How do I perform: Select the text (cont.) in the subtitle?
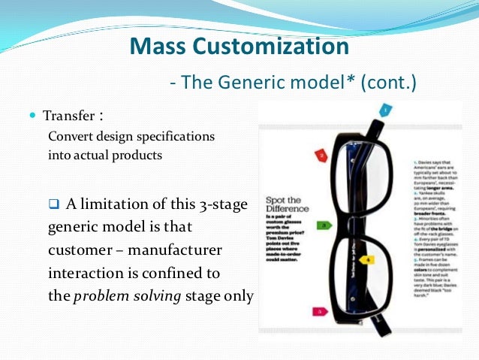click(x=388, y=82)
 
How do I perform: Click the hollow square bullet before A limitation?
click(x=53, y=203)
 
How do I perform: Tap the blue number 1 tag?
click(x=385, y=110)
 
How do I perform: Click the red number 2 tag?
click(x=321, y=156)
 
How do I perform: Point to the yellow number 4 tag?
click(x=369, y=259)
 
